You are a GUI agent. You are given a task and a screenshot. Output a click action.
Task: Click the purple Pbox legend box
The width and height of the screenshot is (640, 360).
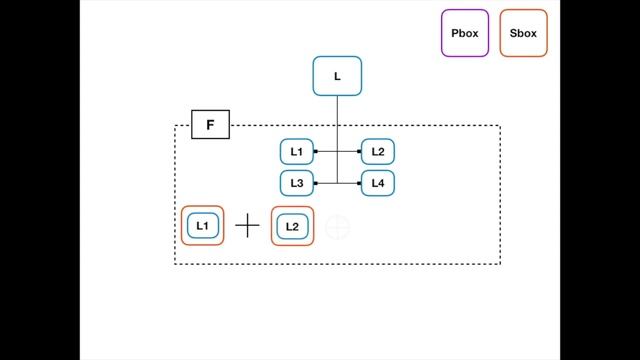point(465,33)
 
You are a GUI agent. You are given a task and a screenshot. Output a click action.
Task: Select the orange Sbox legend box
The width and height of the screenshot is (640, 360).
point(522,33)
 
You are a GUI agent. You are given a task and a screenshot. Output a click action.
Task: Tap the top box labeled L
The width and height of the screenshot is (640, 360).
point(337,76)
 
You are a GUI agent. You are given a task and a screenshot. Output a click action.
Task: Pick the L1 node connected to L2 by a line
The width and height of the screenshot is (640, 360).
point(297,152)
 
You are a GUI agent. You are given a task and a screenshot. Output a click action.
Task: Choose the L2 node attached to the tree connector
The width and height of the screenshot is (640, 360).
point(377,152)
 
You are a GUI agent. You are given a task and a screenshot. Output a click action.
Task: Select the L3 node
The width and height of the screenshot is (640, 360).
point(297,183)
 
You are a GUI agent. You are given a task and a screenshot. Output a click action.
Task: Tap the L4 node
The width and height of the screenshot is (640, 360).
point(377,183)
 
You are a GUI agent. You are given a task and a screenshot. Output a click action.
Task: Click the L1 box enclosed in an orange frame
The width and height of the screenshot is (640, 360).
point(202,226)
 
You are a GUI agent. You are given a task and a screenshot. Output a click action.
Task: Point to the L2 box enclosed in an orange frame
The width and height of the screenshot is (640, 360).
point(292,226)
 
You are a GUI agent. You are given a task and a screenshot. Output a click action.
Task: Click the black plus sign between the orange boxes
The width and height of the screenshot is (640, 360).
point(247,226)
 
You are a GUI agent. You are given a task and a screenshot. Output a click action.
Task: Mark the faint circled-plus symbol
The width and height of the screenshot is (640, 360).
point(338,227)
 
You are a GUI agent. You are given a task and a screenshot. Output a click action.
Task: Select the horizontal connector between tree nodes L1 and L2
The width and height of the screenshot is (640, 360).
point(327,152)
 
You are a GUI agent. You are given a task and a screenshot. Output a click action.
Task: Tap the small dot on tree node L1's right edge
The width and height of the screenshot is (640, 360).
point(316,152)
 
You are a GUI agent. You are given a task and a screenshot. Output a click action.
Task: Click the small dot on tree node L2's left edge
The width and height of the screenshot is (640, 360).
point(360,152)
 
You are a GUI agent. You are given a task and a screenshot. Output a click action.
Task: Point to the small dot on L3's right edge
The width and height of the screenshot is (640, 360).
point(316,183)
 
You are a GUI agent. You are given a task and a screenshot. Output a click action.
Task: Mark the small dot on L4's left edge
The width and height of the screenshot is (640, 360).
point(360,183)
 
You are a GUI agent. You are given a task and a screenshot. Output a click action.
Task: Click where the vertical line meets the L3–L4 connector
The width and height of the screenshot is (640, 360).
point(337,183)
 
